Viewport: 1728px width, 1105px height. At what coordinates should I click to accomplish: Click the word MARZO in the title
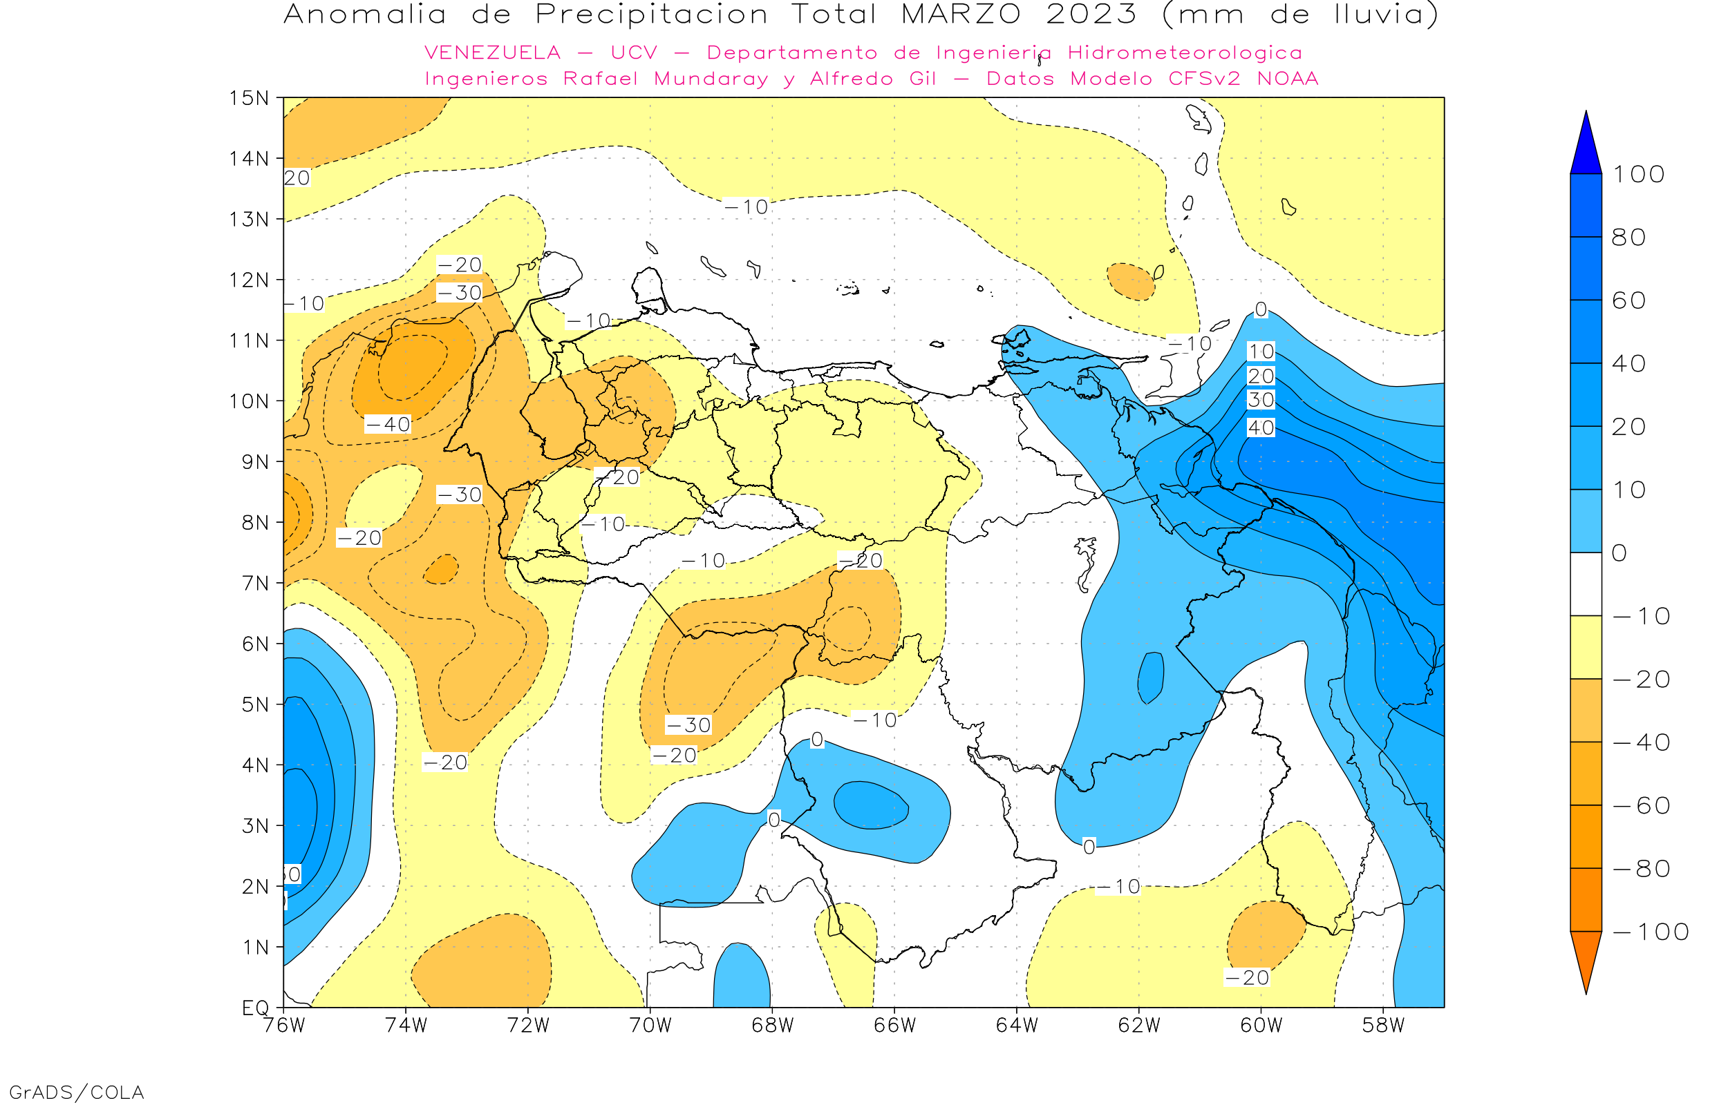click(x=960, y=15)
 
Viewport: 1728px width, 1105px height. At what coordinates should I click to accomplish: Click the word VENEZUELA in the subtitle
click(x=493, y=52)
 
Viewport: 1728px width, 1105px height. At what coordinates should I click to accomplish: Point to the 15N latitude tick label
click(x=248, y=97)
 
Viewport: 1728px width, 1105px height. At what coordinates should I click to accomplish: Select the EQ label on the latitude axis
click(x=256, y=1008)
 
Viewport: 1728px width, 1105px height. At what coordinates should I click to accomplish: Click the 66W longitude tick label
click(x=894, y=1026)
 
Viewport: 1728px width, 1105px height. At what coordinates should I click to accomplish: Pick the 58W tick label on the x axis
click(x=1383, y=1026)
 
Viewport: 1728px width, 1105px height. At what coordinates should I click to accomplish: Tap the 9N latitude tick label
click(x=256, y=461)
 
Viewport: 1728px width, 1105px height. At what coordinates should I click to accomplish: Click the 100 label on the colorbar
click(x=1638, y=174)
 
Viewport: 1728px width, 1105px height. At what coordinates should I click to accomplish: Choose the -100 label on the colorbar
click(x=1651, y=932)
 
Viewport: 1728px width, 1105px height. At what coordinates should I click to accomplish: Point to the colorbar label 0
click(x=1619, y=552)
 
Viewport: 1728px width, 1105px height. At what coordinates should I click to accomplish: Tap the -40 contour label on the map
click(x=388, y=424)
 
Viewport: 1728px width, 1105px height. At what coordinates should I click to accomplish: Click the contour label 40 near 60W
click(x=1261, y=427)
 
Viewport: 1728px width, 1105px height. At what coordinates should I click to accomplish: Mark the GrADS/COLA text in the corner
click(x=77, y=1092)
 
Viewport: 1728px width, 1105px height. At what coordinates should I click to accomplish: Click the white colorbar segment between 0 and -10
click(x=1586, y=584)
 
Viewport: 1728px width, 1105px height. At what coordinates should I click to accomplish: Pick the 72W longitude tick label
click(x=527, y=1026)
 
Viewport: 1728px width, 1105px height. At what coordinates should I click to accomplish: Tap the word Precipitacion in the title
click(x=651, y=15)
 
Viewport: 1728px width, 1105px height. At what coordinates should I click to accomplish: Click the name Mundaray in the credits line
click(x=711, y=78)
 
